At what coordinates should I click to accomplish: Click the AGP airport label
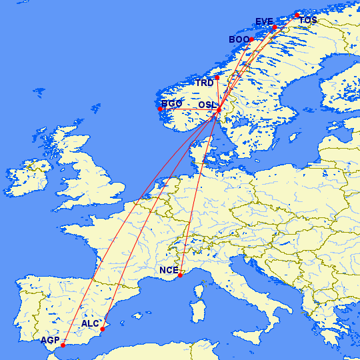49,340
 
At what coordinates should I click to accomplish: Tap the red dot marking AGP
63,345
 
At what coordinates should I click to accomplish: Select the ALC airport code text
90,324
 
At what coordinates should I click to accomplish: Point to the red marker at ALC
102,329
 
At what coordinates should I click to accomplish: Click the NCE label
169,271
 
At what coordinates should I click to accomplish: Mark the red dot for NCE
180,275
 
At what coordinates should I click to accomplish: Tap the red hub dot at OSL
219,109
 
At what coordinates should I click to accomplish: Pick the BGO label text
172,104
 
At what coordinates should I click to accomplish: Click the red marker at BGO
161,109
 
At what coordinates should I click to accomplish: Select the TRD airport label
204,83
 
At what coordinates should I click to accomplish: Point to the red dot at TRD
217,78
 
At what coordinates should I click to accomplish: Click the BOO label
238,40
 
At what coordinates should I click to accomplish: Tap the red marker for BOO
251,39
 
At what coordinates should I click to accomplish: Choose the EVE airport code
264,22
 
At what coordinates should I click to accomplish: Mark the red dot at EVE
275,27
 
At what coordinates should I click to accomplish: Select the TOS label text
308,21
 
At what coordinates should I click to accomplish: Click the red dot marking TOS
297,15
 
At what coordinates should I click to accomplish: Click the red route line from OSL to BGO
190,109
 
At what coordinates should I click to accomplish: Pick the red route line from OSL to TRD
218,93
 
